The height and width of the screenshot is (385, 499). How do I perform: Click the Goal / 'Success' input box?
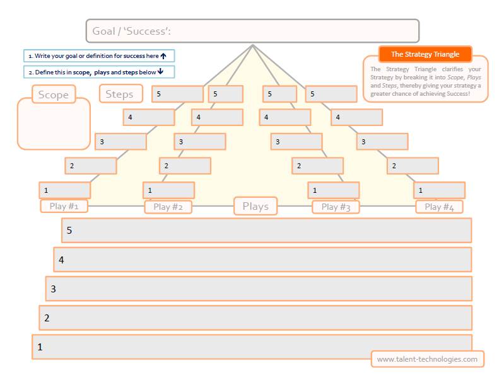pyautogui.click(x=252, y=31)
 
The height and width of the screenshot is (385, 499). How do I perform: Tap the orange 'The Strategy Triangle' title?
pyautogui.click(x=425, y=54)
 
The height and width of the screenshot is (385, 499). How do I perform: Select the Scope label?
pyautogui.click(x=53, y=95)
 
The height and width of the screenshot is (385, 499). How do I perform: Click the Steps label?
pyautogui.click(x=120, y=94)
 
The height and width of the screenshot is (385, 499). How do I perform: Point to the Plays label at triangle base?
pyautogui.click(x=255, y=206)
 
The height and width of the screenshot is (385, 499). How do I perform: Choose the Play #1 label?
pyautogui.click(x=64, y=206)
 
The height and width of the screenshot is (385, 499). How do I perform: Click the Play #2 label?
pyautogui.click(x=168, y=207)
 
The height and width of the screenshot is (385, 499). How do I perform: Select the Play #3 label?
pyautogui.click(x=336, y=207)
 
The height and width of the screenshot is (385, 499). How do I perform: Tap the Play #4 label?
pyautogui.click(x=439, y=207)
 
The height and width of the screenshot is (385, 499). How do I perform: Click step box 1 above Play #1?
pyautogui.click(x=64, y=190)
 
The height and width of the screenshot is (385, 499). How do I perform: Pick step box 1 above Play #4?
pyautogui.click(x=439, y=190)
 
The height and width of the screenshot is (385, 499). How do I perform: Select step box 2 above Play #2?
pyautogui.click(x=185, y=166)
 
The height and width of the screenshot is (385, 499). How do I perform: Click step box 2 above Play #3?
pyautogui.click(x=317, y=166)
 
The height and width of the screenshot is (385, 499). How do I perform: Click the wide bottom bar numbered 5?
pyautogui.click(x=266, y=231)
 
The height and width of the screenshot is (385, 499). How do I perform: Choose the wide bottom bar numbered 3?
pyautogui.click(x=259, y=289)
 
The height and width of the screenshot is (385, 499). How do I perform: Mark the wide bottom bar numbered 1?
pyautogui.click(x=202, y=347)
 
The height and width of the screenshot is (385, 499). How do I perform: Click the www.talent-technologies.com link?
pyautogui.click(x=427, y=359)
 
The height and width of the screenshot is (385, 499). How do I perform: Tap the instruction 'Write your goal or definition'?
pyautogui.click(x=99, y=56)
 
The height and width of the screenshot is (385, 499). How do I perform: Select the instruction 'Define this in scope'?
pyautogui.click(x=99, y=72)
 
